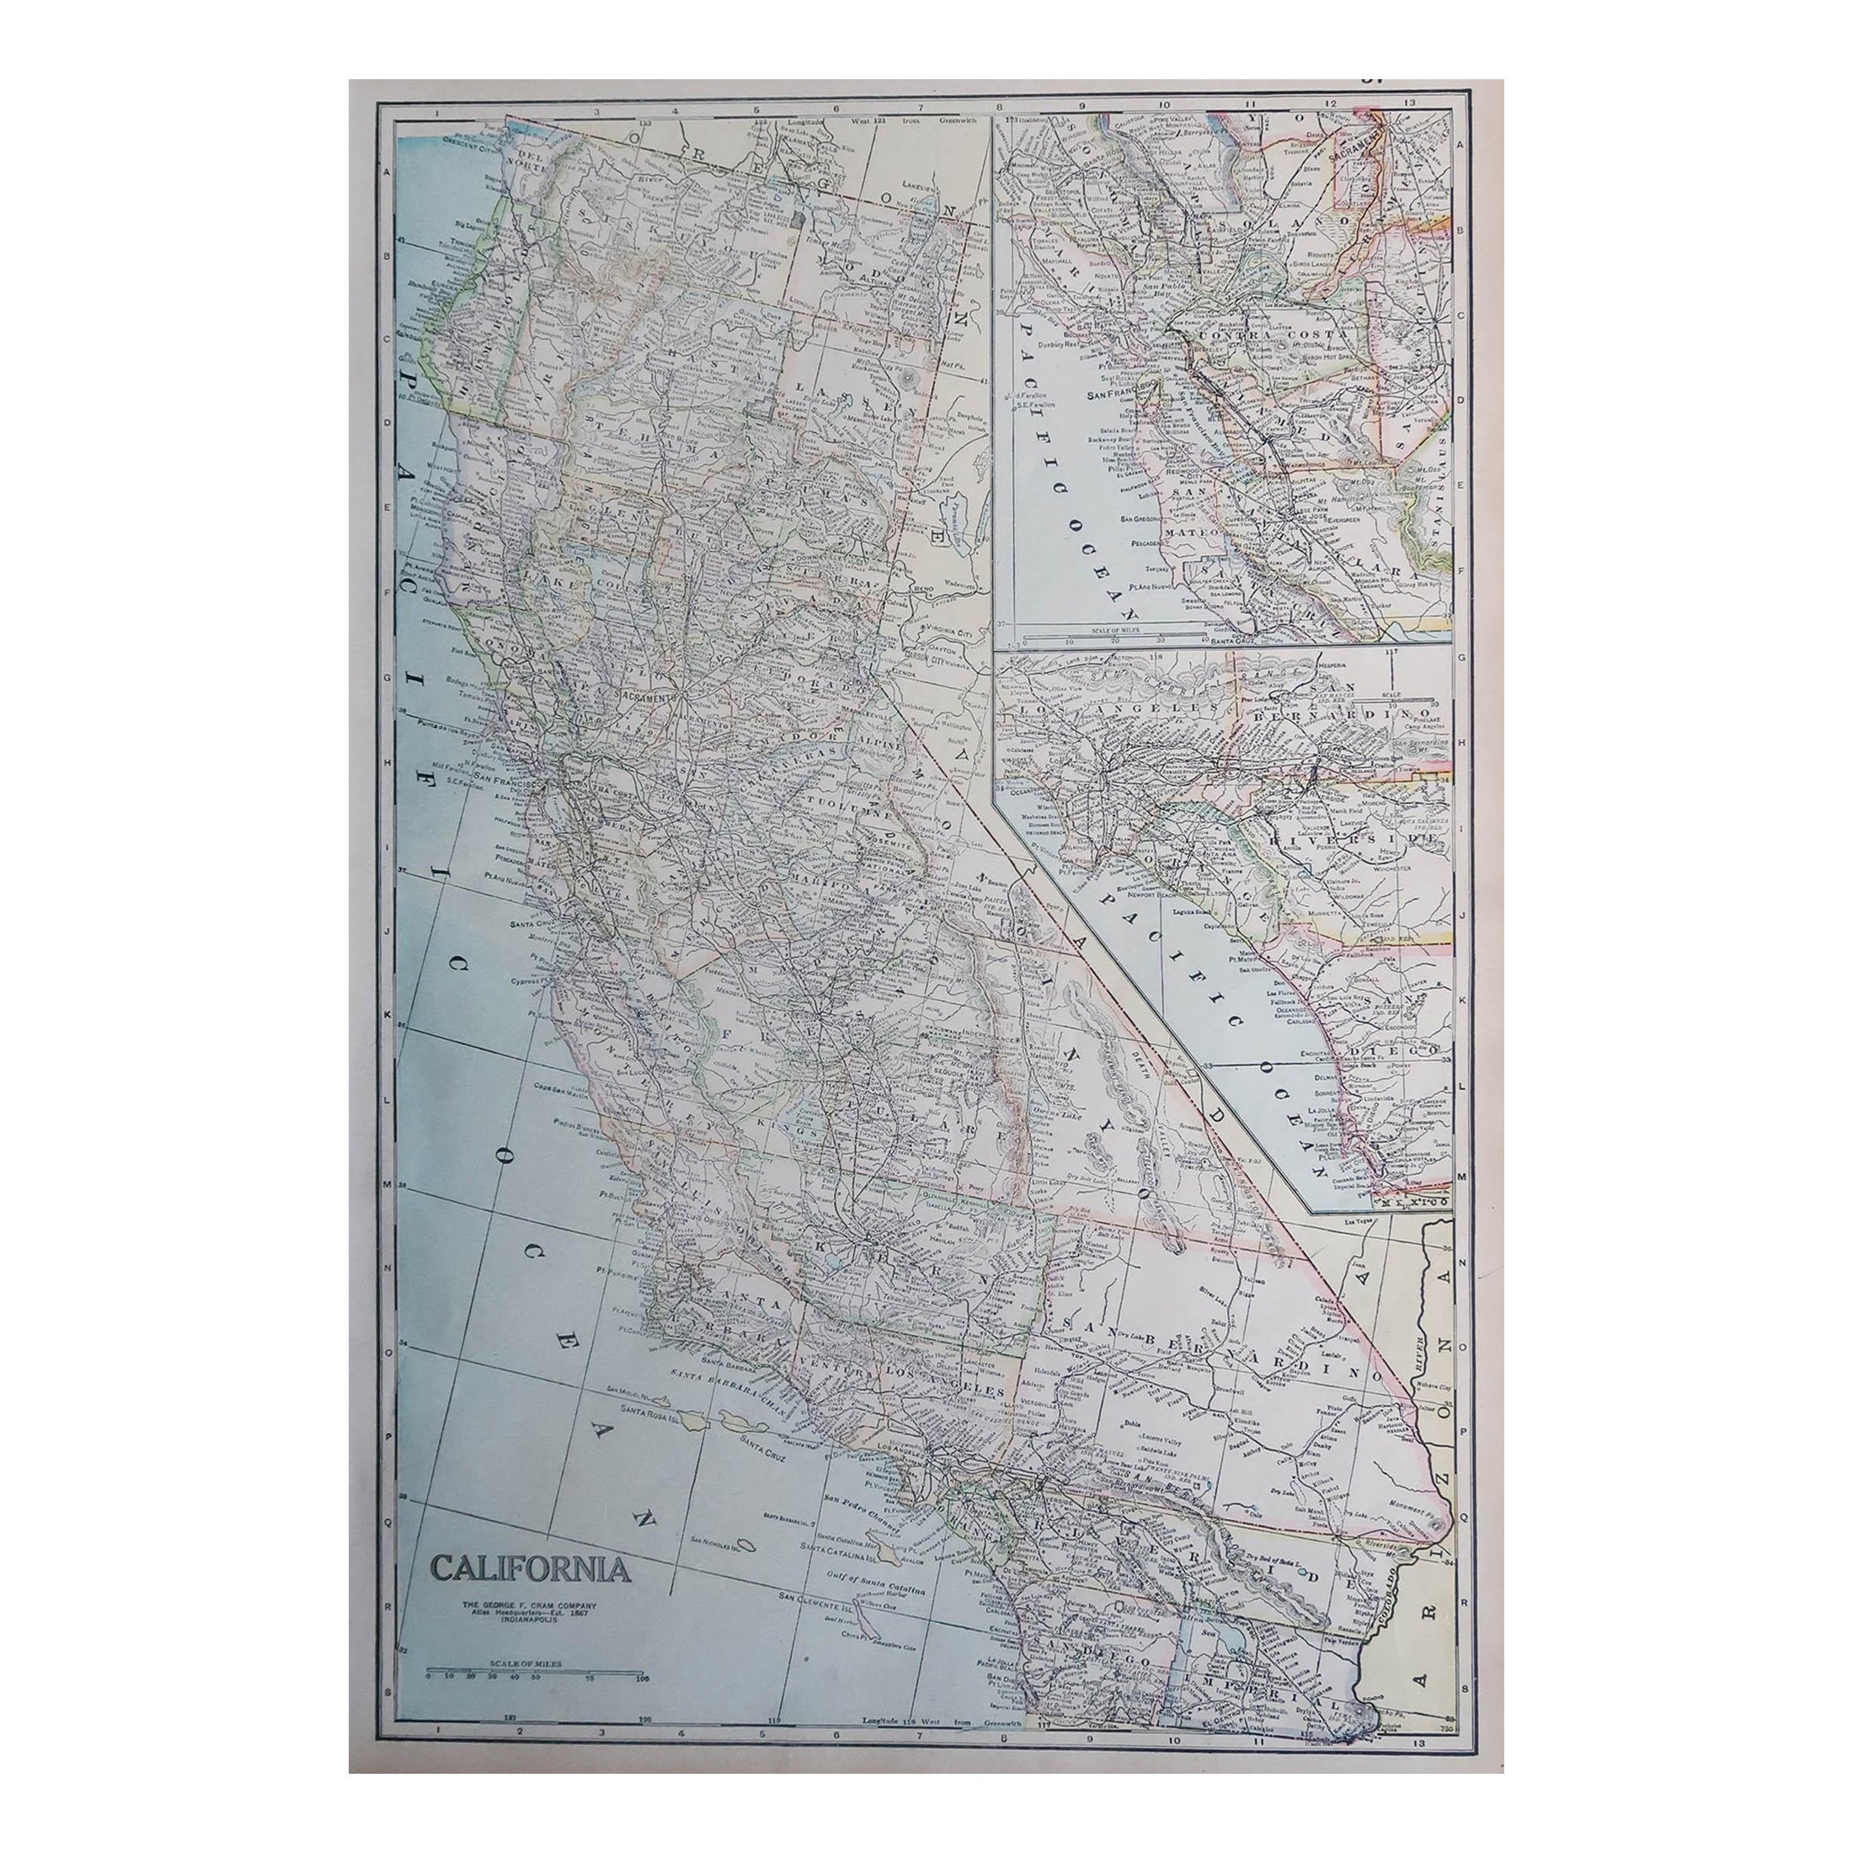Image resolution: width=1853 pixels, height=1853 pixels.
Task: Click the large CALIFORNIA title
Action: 530,1568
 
